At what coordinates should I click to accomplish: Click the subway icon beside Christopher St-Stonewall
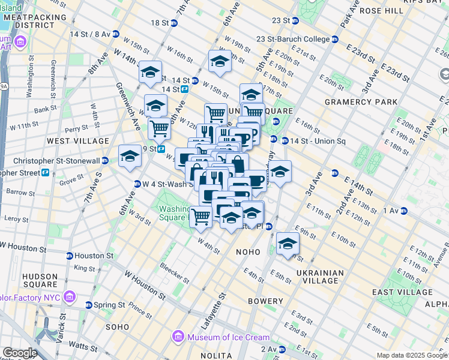click(105, 160)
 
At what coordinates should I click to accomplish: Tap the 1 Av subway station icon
click(404, 210)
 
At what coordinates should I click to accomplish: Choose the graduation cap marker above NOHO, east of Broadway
click(288, 243)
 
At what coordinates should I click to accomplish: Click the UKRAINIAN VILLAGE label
click(320, 277)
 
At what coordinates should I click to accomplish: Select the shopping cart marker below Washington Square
click(201, 216)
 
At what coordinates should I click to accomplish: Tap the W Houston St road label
click(145, 286)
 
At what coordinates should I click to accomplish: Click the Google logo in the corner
click(19, 353)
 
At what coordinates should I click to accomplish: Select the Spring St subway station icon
click(88, 305)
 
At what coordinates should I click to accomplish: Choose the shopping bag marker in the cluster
click(238, 164)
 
